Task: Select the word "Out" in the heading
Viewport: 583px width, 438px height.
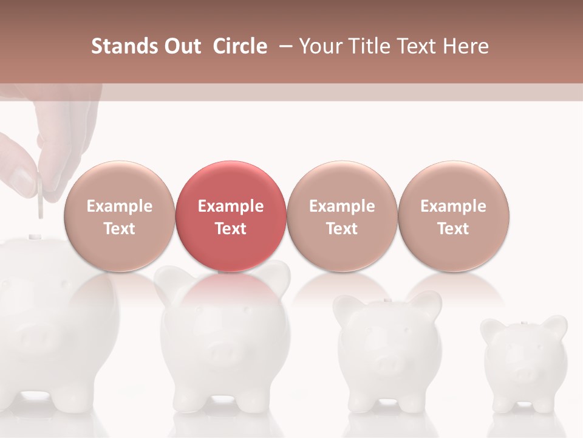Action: [x=181, y=46]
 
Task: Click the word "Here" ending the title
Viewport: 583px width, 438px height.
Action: [x=466, y=46]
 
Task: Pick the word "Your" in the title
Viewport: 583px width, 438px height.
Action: [x=321, y=46]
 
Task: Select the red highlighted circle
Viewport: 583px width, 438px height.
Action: [x=230, y=217]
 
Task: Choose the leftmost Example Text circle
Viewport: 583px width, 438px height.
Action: [x=119, y=217]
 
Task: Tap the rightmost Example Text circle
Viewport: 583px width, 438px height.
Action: [x=453, y=217]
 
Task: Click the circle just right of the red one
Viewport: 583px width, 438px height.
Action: [x=342, y=217]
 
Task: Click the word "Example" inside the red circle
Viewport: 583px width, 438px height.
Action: [x=230, y=206]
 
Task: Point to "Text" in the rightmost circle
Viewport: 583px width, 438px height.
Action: [x=453, y=229]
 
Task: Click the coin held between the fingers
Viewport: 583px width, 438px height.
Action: [x=40, y=196]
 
